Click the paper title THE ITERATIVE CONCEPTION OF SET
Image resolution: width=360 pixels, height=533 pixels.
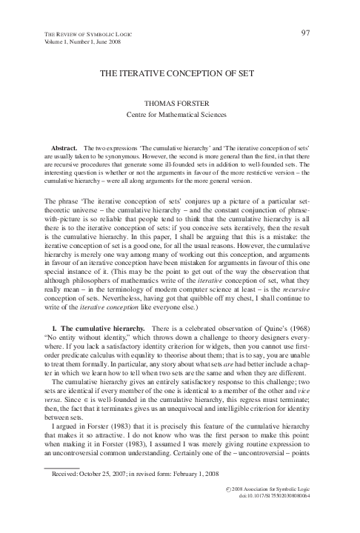point(179,76)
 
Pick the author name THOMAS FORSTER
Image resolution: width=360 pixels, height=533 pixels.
point(180,104)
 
